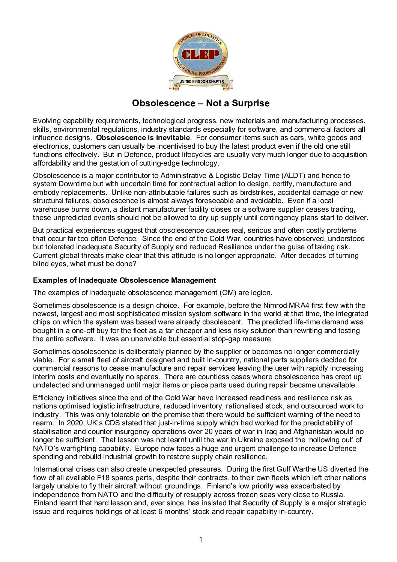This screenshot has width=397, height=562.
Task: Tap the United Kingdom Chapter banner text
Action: click(201, 81)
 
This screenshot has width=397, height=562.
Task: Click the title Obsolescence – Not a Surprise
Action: click(201, 103)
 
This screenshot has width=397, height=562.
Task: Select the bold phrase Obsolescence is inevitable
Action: click(143, 138)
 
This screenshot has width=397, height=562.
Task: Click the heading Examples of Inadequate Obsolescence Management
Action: click(125, 280)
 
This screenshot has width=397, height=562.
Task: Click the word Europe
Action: click(146, 449)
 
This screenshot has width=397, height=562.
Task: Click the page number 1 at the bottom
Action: click(200, 540)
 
